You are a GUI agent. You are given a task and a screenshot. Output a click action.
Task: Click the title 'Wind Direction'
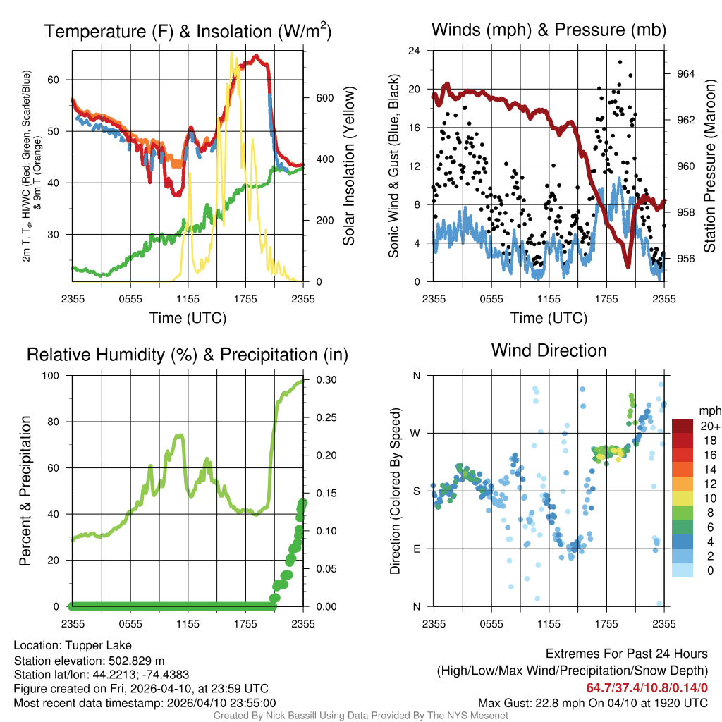coord(549,350)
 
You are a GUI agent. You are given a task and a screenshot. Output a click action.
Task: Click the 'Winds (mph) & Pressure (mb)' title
coord(549,30)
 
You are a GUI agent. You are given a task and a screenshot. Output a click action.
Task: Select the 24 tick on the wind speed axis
coord(415,51)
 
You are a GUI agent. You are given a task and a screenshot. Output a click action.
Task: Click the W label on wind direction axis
coord(416,433)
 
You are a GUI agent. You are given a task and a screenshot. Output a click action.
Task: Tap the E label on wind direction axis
coord(416,549)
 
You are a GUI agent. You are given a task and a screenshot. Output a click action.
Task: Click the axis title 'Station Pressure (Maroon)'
coord(709,166)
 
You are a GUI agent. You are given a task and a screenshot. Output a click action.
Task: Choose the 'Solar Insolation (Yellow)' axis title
coord(348,166)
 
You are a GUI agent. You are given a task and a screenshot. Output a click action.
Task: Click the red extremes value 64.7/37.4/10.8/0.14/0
coord(647,687)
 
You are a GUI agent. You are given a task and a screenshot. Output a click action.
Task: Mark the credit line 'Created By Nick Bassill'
coord(360,716)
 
